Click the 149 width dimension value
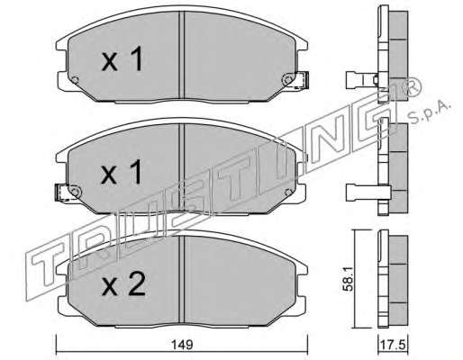183,344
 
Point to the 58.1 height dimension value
347,280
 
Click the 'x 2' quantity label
123,283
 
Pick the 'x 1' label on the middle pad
122,172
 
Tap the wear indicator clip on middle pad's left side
62,193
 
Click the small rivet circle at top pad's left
75,80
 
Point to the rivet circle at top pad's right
287,80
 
